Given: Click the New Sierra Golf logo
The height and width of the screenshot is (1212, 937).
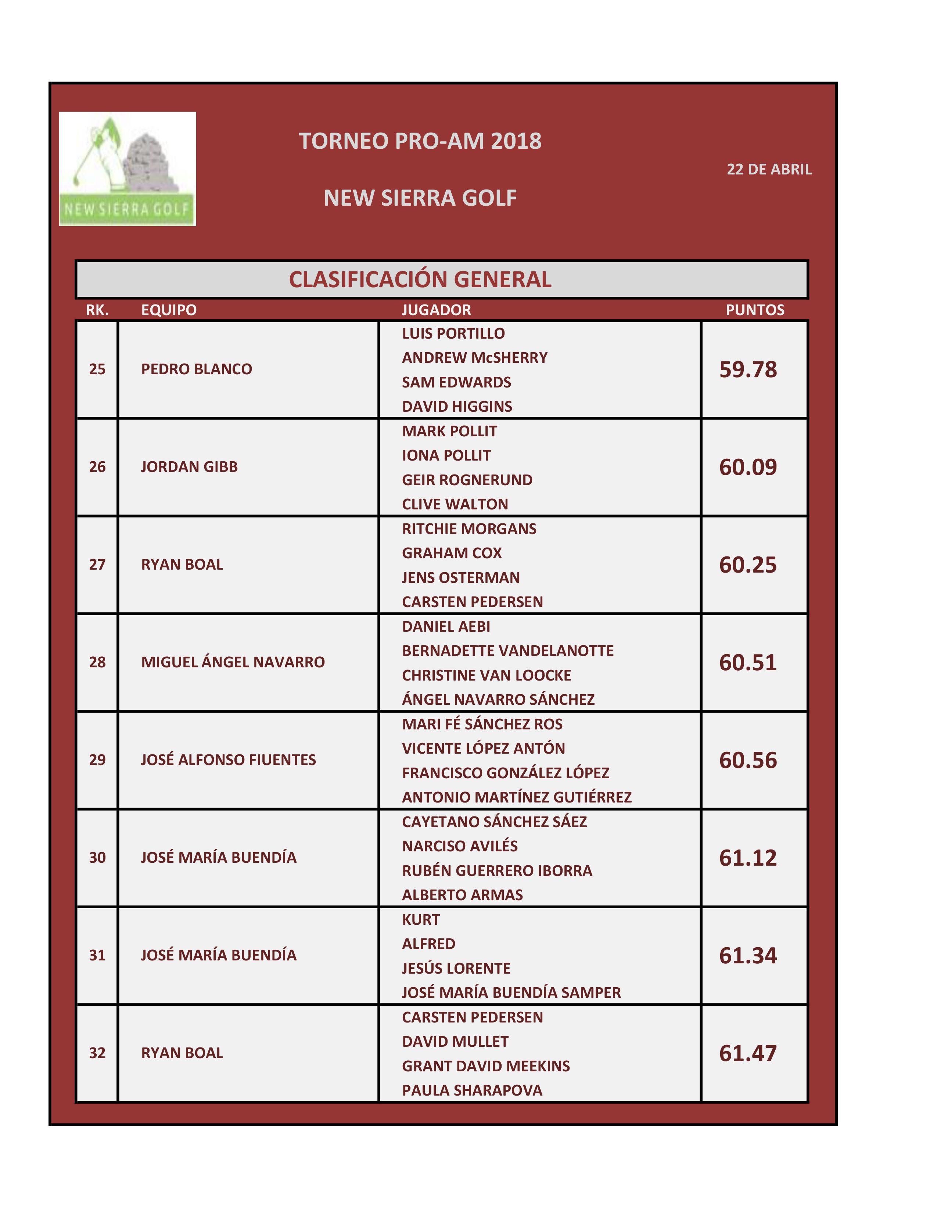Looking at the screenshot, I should coord(127,169).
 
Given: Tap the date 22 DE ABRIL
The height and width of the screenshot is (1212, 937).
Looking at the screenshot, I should coord(769,169).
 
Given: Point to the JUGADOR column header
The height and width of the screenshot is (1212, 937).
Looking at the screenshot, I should coord(436,310).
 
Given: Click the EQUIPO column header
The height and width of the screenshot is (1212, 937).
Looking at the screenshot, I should coord(169,310).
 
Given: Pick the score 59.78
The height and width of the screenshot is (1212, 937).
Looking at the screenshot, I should coord(748,369).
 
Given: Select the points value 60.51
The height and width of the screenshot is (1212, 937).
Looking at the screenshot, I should coord(748,663).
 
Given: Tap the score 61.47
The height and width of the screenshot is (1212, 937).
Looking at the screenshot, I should coord(748,1053).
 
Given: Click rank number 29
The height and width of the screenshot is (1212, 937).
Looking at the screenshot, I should coord(97,760).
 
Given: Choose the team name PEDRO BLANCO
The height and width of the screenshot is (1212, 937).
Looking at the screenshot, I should coord(197,369).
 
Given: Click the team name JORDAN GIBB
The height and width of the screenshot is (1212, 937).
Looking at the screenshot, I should coord(189,467).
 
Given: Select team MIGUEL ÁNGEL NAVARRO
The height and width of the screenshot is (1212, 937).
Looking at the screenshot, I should coord(233,662).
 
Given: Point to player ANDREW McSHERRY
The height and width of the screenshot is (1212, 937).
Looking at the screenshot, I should coord(475,358).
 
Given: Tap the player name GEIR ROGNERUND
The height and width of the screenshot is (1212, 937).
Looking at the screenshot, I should coord(467,480).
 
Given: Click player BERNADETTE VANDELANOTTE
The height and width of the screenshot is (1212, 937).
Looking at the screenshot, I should coord(508,651).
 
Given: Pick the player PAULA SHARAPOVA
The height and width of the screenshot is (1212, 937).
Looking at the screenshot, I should coord(472,1090).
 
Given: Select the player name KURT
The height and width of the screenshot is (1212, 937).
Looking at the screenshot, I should coord(421,920).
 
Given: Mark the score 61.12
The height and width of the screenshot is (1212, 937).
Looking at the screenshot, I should coord(748,858).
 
